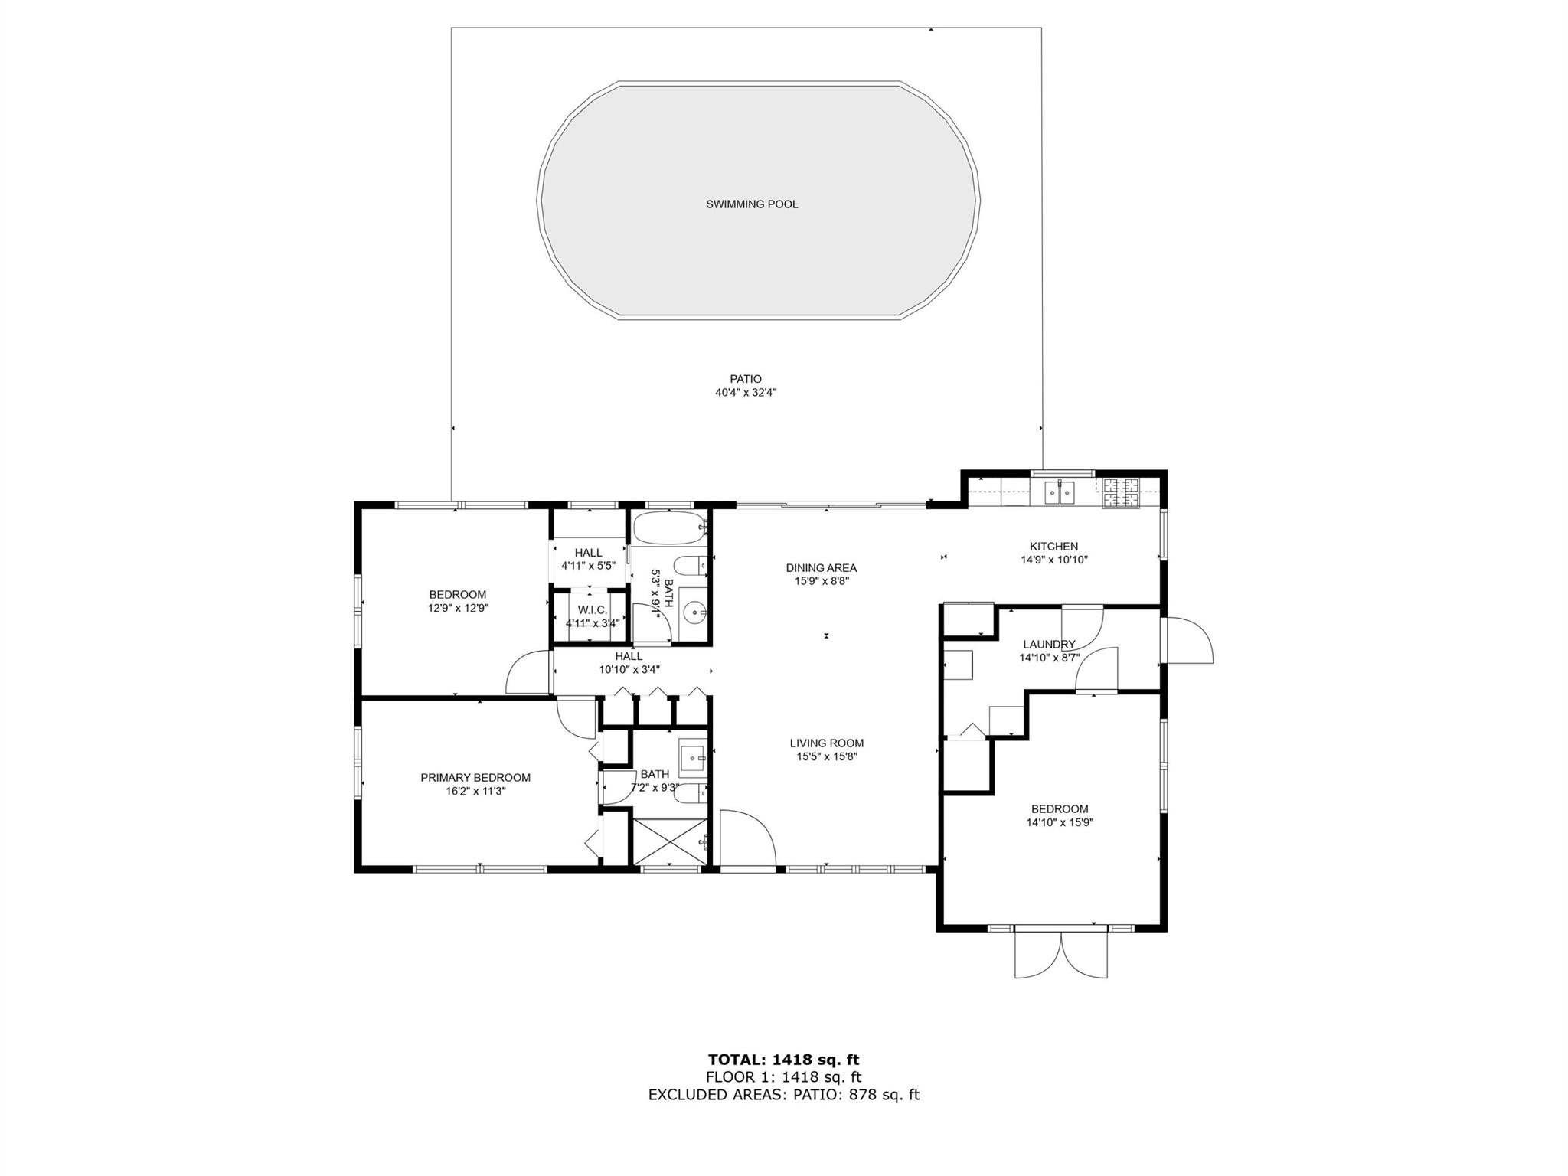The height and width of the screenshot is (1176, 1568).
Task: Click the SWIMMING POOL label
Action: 752,204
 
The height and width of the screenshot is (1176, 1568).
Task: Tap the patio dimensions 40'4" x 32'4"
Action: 746,393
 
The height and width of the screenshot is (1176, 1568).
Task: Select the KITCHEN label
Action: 1053,547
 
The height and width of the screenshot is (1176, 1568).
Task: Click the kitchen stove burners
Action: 1121,493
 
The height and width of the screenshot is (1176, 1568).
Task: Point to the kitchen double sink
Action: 1060,493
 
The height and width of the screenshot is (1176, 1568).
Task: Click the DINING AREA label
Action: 821,568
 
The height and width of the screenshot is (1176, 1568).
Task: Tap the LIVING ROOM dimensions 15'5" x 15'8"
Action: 827,756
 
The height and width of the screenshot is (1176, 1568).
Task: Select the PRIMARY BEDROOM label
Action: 475,778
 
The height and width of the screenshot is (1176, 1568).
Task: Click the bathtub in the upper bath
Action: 668,528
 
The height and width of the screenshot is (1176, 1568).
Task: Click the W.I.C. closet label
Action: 592,610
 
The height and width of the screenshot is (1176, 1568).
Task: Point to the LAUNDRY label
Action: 1049,645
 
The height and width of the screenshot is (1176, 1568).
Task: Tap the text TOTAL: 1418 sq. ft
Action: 783,1060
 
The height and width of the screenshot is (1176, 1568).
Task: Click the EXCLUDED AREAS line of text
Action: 783,1094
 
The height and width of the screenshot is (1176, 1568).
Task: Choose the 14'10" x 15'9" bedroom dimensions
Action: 1060,822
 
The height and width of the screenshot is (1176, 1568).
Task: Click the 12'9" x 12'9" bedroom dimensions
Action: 458,608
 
